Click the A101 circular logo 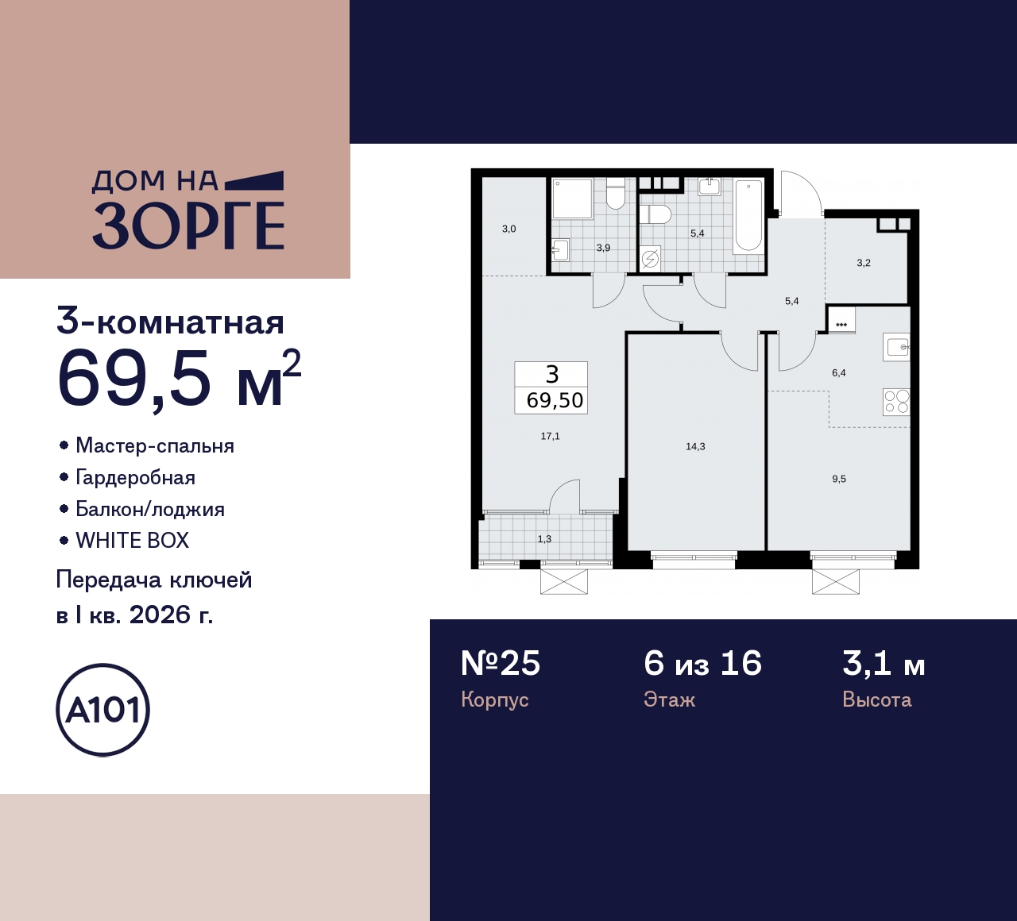(102, 710)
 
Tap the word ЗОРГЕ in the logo (188, 226)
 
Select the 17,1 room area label (550, 436)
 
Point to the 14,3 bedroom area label (695, 446)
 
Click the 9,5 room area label (839, 479)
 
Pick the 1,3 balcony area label (544, 539)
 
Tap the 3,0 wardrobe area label (508, 229)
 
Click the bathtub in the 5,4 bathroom (748, 216)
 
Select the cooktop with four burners (896, 402)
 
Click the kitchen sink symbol (897, 347)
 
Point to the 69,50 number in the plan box (555, 400)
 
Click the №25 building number (501, 664)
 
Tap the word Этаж (669, 699)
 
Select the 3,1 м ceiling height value (884, 664)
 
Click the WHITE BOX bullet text (132, 541)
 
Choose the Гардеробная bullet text (135, 477)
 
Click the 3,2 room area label (864, 263)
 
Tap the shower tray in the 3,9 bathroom (573, 198)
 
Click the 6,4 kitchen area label (839, 372)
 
